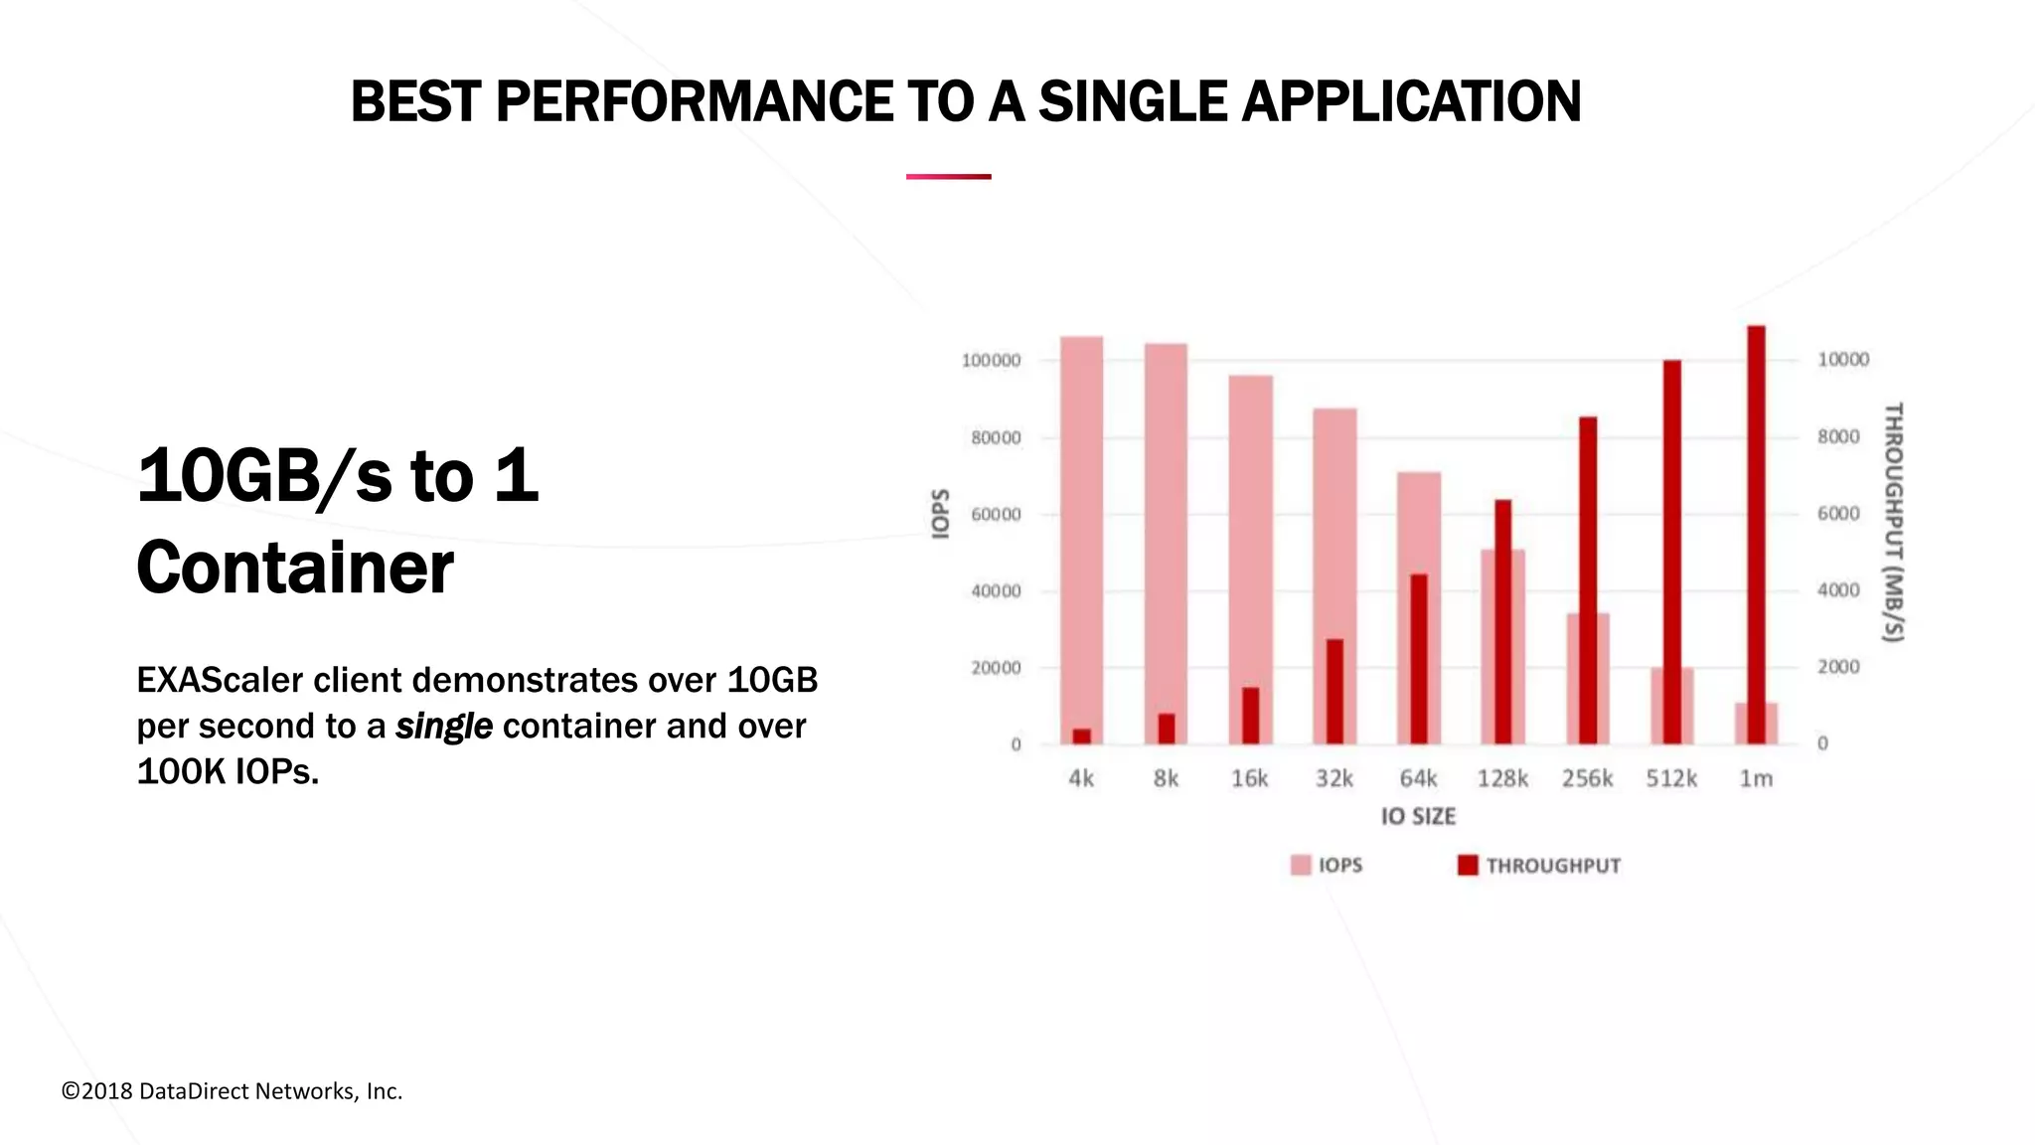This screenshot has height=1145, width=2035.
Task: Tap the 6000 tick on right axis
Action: point(1838,514)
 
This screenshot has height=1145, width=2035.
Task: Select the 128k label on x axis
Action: point(1502,779)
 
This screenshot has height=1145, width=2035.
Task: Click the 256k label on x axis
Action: point(1587,779)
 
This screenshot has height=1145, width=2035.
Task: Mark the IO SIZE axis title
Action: point(1418,817)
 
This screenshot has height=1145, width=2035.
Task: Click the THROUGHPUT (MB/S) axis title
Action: point(1894,522)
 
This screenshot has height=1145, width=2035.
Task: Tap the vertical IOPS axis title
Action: point(940,514)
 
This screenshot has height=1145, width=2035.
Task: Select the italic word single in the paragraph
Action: point(443,727)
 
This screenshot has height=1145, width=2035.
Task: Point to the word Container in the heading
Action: point(295,569)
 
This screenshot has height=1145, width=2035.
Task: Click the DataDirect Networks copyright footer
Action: point(232,1091)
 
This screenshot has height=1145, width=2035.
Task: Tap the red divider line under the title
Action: point(948,177)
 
